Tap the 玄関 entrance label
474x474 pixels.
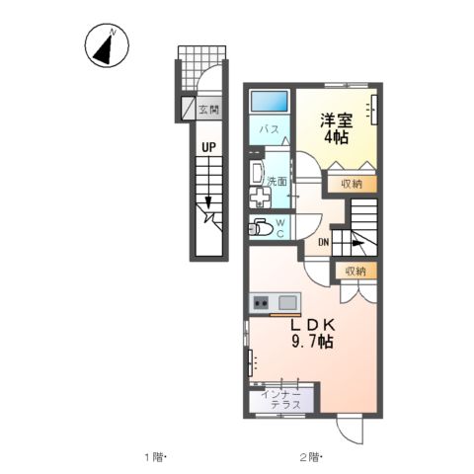207,111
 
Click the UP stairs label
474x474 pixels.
208,149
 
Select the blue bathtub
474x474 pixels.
269,102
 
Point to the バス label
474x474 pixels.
269,129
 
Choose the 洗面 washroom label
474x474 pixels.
277,181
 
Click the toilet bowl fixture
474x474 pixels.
262,227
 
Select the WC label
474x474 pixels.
279,229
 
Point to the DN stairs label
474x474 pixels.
323,244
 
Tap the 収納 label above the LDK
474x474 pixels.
355,271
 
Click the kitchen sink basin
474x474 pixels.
288,302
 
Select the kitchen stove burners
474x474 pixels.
261,302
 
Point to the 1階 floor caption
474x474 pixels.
157,456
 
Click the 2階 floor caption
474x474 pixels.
310,456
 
